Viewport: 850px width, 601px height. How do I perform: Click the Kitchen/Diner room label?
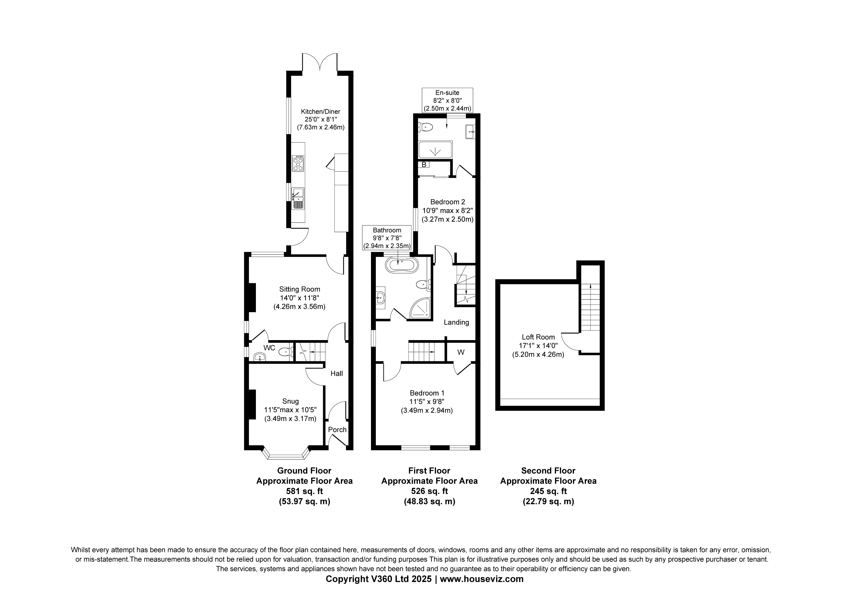(320, 112)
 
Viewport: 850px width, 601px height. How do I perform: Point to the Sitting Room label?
(300, 289)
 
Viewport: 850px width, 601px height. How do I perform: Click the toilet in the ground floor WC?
(286, 352)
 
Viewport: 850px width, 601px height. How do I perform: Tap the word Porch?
(337, 429)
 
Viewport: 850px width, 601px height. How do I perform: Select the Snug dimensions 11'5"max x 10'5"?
(290, 410)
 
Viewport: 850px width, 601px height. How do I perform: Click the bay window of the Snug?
(286, 455)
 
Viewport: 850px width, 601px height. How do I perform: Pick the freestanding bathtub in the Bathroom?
(402, 266)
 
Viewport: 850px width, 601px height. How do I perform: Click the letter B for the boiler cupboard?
(424, 164)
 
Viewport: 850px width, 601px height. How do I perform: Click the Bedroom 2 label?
(448, 202)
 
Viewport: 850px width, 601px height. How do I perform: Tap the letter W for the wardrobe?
(461, 352)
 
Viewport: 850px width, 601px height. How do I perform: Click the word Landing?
(456, 322)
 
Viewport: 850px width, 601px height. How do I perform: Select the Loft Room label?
(538, 337)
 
